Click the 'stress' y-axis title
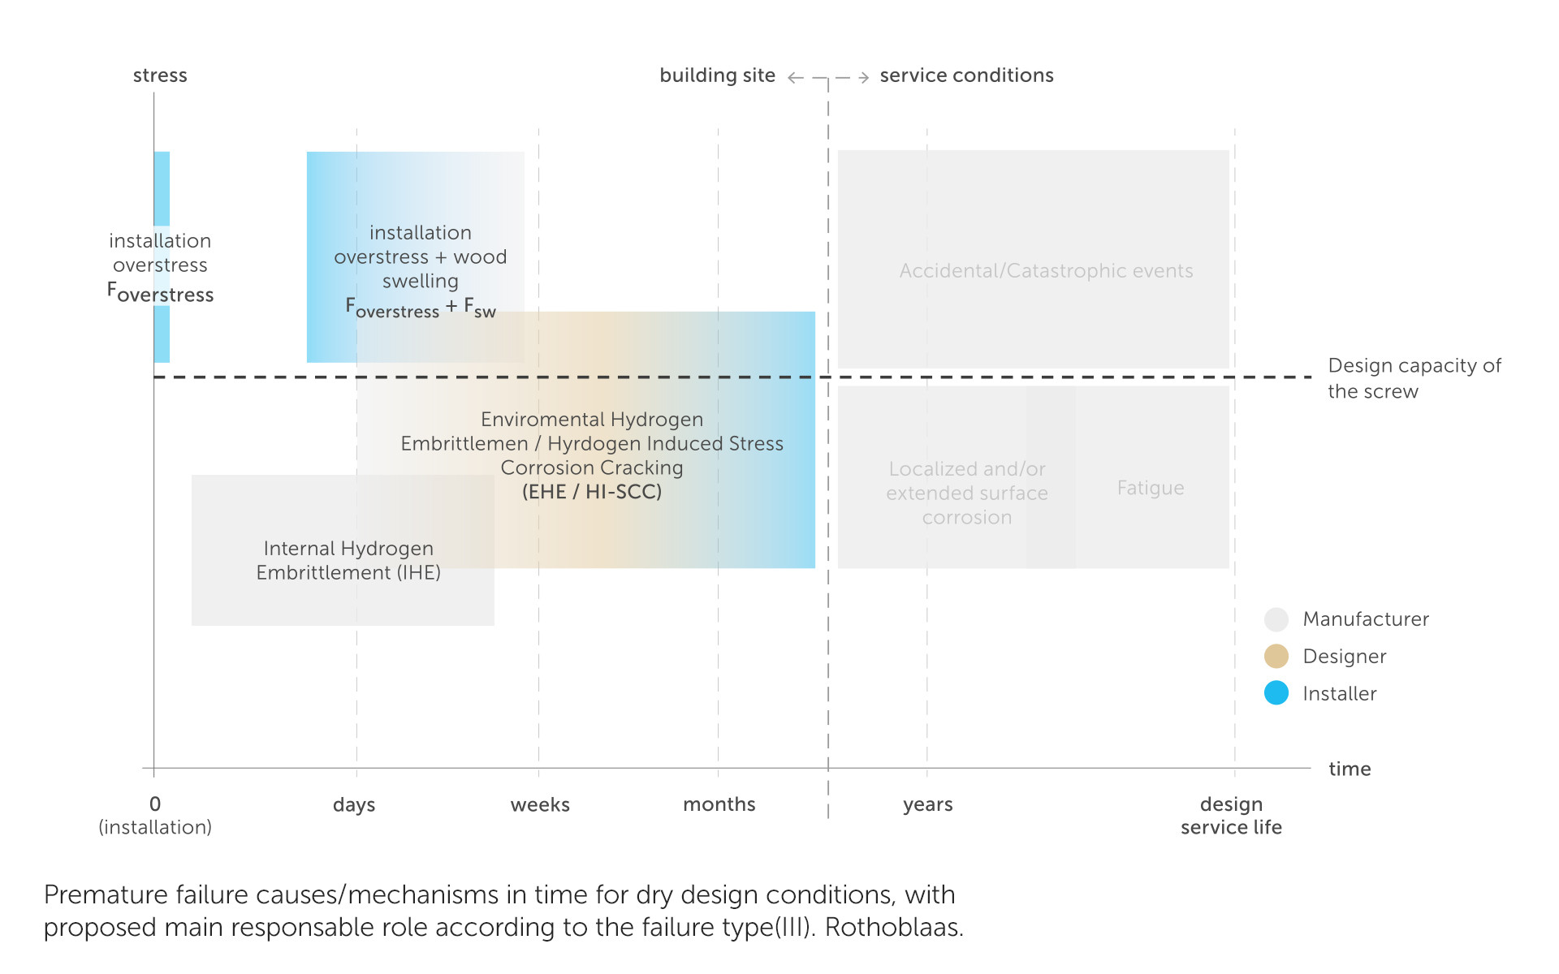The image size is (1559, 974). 160,75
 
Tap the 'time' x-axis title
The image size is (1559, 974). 1350,769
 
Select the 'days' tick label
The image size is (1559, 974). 354,804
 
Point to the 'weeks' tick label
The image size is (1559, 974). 540,804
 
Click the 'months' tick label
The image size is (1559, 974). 719,804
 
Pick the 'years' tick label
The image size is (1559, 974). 927,804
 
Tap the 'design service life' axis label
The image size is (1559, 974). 1231,816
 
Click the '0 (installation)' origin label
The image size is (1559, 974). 155,815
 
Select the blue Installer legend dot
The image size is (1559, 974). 1276,693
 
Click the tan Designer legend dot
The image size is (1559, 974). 1276,656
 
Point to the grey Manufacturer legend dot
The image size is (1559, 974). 1276,619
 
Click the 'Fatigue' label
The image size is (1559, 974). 1151,488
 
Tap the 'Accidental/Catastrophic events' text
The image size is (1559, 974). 1046,271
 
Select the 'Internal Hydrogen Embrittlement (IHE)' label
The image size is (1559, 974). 348,560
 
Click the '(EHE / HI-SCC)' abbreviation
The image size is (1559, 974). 592,492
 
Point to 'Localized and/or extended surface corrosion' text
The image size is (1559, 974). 967,493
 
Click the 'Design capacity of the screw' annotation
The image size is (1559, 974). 1414,378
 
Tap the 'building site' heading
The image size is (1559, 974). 717,75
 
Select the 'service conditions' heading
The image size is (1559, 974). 966,75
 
